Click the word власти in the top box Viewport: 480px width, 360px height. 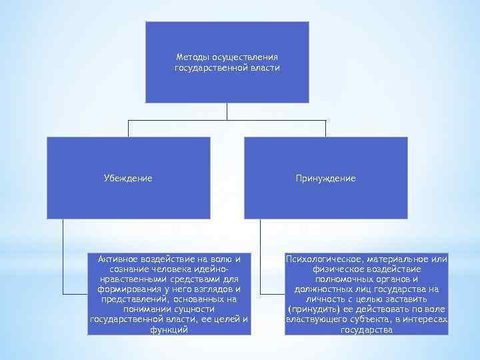(x=265, y=68)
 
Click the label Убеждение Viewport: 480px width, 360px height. (x=128, y=179)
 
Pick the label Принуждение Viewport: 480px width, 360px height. (x=325, y=179)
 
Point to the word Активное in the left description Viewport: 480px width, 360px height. (x=118, y=258)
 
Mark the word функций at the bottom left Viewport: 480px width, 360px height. (x=169, y=329)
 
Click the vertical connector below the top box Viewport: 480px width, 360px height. (x=227, y=111)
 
